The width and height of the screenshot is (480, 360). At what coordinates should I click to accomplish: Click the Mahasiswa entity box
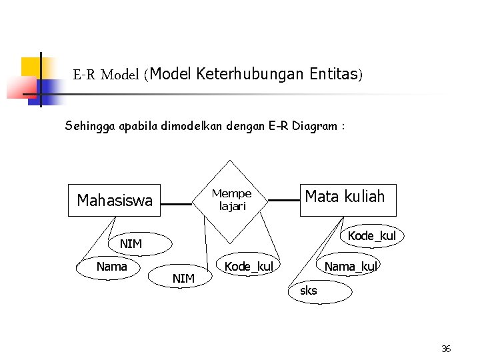tap(115, 200)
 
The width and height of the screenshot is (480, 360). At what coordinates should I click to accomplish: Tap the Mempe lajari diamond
tap(231, 200)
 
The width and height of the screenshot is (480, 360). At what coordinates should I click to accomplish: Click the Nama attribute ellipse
tap(111, 267)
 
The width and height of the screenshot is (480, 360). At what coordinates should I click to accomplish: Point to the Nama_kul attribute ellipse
tap(349, 267)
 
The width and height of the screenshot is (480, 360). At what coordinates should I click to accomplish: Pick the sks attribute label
tap(309, 291)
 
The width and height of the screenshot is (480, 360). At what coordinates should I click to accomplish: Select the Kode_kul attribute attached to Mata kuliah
tap(371, 236)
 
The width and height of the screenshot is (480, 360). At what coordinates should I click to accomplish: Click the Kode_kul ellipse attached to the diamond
tap(249, 267)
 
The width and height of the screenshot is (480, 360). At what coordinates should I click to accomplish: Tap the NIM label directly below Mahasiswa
tap(131, 244)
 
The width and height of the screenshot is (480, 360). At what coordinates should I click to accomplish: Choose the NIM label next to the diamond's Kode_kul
tap(183, 278)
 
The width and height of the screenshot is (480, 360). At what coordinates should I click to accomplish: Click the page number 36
tap(446, 349)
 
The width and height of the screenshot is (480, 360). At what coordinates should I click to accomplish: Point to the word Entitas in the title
tap(334, 74)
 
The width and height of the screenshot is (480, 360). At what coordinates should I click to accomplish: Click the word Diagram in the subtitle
tap(314, 125)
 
